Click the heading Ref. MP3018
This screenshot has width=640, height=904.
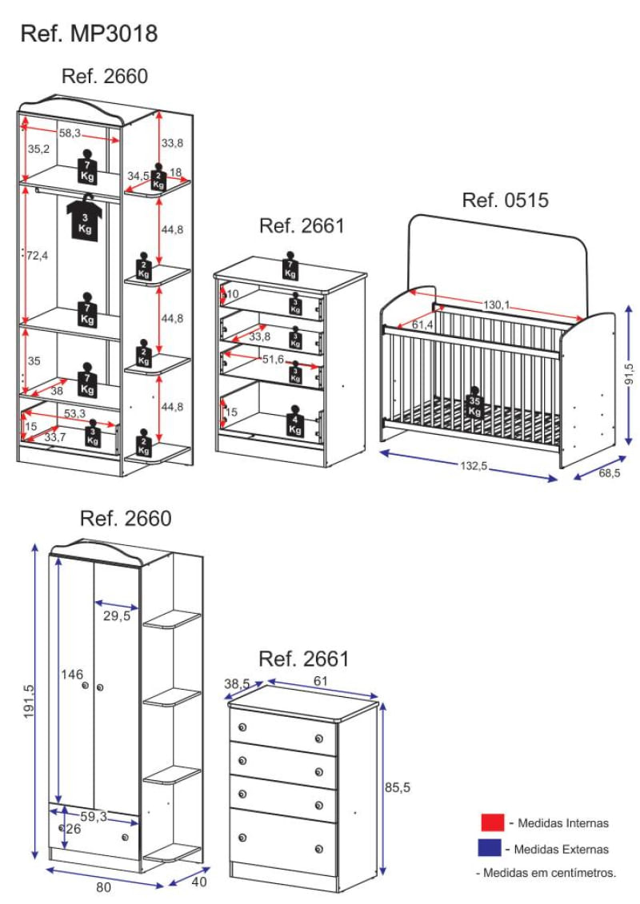[x=89, y=34]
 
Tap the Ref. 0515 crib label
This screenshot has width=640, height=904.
[x=506, y=200]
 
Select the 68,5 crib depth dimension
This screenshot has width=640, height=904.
[x=608, y=472]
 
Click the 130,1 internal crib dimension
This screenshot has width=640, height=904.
[x=497, y=305]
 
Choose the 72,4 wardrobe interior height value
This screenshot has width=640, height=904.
[x=38, y=255]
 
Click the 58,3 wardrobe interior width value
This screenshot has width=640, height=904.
[x=70, y=133]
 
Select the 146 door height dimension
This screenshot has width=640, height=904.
[x=72, y=675]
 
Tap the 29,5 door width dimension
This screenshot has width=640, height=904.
[x=116, y=616]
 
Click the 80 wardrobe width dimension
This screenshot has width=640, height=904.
[x=103, y=886]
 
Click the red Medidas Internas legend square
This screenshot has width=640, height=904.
[x=492, y=822]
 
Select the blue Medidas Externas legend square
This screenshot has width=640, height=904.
[x=490, y=848]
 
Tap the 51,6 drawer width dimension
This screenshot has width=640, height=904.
[x=274, y=360]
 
